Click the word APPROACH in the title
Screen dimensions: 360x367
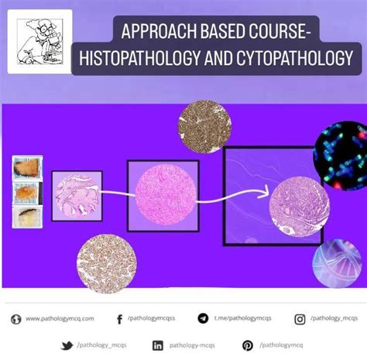point(152,33)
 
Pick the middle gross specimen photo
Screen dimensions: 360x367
point(28,193)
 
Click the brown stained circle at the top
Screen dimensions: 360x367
point(204,122)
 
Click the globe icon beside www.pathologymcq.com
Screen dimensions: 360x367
point(15,318)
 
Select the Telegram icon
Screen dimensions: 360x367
point(204,318)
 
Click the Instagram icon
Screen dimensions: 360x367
point(300,318)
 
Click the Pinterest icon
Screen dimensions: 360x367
point(248,345)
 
